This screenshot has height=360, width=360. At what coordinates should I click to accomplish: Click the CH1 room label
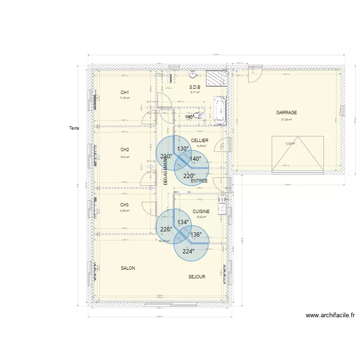(x=125, y=93)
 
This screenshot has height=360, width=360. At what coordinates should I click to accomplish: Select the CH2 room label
(x=125, y=150)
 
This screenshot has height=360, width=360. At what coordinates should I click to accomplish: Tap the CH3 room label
(x=125, y=205)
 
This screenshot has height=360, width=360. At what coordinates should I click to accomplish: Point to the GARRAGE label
(x=287, y=113)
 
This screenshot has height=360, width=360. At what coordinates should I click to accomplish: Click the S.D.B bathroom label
(x=194, y=87)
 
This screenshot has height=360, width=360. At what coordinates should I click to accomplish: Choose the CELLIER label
(x=199, y=141)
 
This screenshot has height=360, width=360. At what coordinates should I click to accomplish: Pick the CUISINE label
(x=201, y=212)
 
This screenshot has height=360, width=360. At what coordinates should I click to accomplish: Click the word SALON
(x=128, y=268)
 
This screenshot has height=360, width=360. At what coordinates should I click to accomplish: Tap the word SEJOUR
(x=197, y=277)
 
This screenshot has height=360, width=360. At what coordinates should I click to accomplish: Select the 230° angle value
(x=166, y=156)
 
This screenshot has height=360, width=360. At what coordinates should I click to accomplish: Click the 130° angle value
(x=183, y=149)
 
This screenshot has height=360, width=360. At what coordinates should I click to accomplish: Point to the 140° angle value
(x=195, y=159)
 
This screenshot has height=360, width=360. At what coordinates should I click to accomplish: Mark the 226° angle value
(x=166, y=229)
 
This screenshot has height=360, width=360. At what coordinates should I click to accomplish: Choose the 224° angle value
(x=188, y=251)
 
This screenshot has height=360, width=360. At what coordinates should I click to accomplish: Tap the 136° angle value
(x=196, y=235)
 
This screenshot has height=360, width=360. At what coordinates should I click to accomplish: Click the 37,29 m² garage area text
(x=287, y=120)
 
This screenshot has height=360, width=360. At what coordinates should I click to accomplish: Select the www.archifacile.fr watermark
(x=330, y=315)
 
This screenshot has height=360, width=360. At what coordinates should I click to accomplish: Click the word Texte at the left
(x=74, y=128)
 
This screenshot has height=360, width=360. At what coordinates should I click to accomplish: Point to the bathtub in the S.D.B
(x=219, y=109)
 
